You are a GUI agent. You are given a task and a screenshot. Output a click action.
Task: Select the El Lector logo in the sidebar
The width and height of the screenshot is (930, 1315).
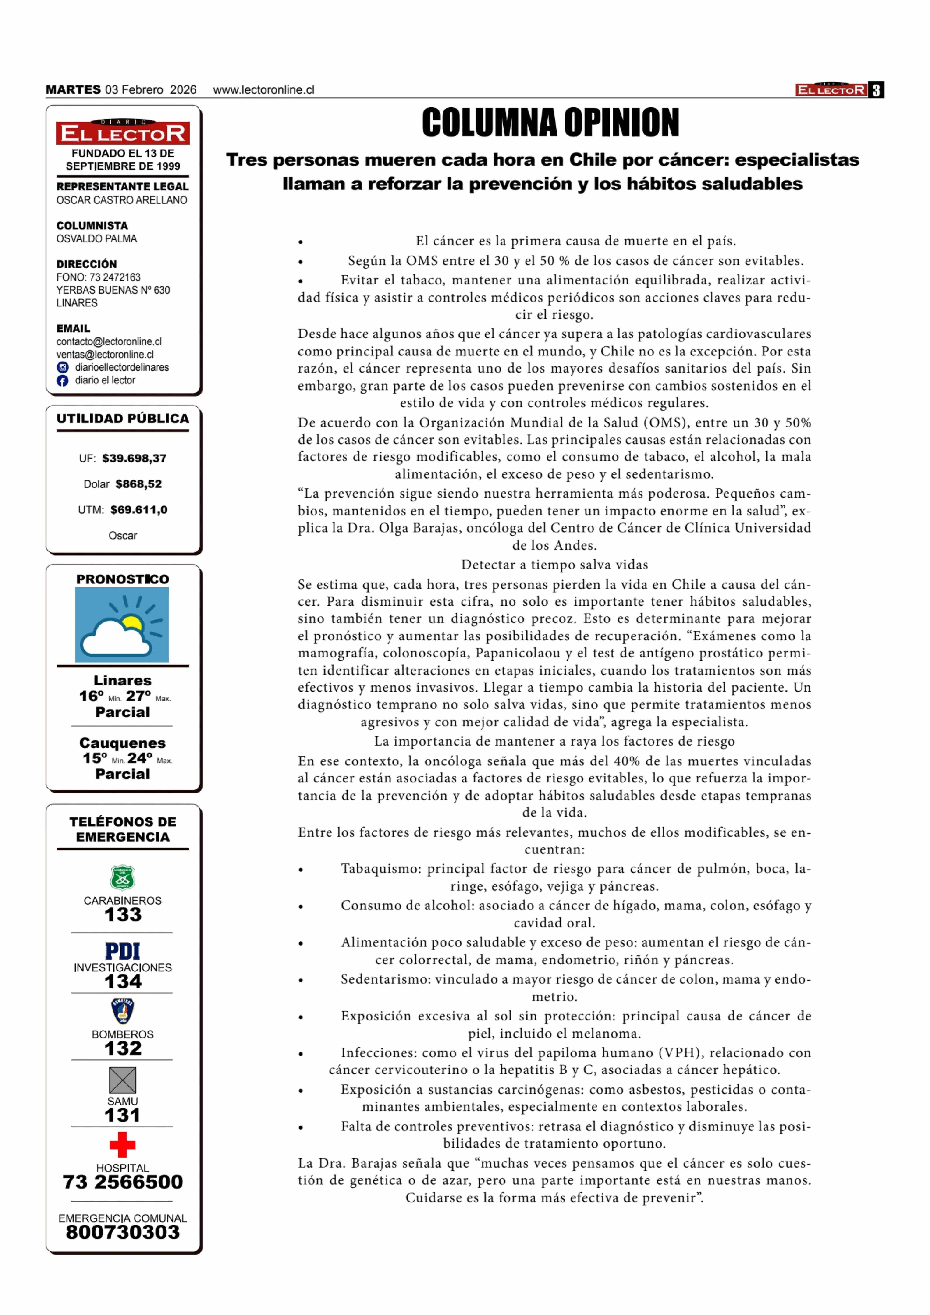tap(123, 132)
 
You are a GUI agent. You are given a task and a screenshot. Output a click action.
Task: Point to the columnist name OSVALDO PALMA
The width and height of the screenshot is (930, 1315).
tap(96, 239)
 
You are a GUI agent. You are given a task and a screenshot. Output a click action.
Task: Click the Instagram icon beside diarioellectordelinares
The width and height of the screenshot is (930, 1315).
tap(62, 368)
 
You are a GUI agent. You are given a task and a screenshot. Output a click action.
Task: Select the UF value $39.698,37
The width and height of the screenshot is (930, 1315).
tap(134, 458)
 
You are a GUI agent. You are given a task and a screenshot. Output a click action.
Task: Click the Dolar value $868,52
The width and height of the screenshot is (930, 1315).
tap(139, 484)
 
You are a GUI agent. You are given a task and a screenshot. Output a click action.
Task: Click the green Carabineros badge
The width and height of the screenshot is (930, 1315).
tap(123, 877)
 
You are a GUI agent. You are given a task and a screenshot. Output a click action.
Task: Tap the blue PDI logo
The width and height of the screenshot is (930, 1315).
tap(123, 951)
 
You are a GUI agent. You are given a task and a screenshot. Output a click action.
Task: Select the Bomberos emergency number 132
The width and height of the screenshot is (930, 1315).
tap(123, 1049)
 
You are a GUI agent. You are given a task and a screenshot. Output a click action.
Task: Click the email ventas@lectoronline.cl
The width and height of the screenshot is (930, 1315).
tap(105, 354)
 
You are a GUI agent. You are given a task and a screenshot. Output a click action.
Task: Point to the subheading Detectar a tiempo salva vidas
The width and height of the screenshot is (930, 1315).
tap(554, 565)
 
